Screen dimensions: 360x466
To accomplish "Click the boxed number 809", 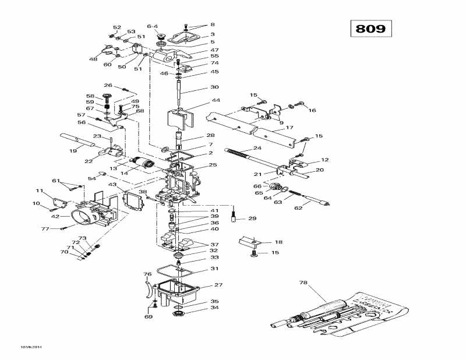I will pyautogui.click(x=371, y=29).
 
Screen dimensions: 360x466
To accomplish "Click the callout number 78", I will pyautogui.click(x=303, y=283).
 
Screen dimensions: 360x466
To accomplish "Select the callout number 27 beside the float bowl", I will pyautogui.click(x=218, y=285).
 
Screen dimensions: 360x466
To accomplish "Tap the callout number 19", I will pyautogui.click(x=73, y=151).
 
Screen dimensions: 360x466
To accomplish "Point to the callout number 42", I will pyautogui.click(x=55, y=216).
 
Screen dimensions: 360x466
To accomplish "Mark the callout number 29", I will pyautogui.click(x=252, y=218).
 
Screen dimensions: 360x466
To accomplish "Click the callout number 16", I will pyautogui.click(x=312, y=110).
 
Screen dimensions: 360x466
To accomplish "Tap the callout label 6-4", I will pyautogui.click(x=152, y=26).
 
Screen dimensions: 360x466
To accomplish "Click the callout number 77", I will pyautogui.click(x=45, y=229).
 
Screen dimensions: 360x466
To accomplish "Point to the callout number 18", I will pyautogui.click(x=278, y=242).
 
